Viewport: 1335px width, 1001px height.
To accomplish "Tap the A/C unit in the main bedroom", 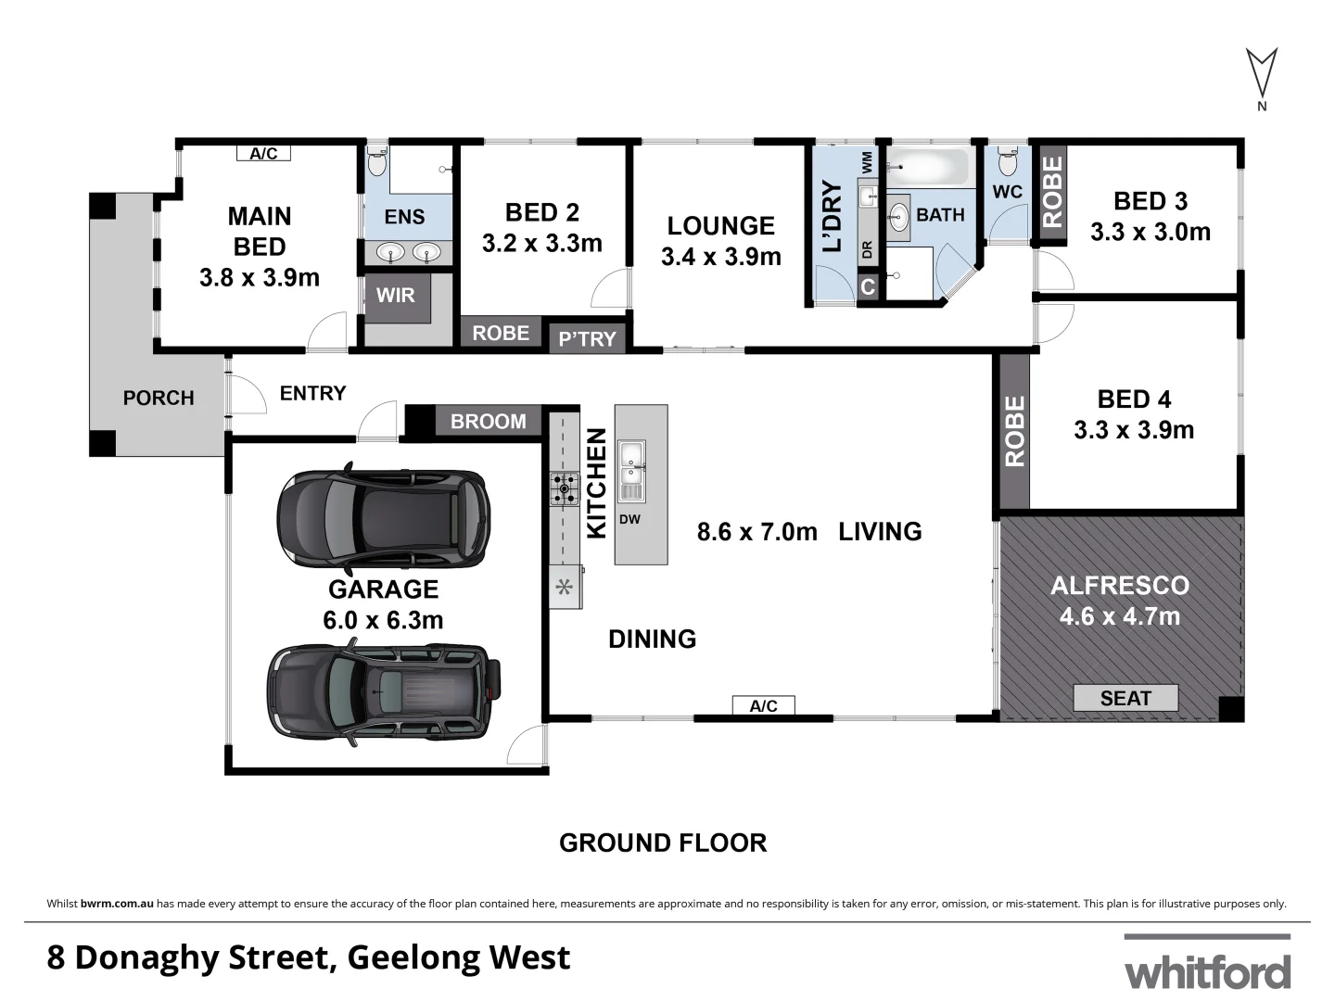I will pyautogui.click(x=263, y=153).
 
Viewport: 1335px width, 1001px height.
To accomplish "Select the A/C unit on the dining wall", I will pyautogui.click(x=763, y=706).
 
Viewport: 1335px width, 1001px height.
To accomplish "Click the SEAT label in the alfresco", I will pyautogui.click(x=1125, y=698).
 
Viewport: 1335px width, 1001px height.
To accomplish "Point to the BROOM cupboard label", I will pyautogui.click(x=488, y=422).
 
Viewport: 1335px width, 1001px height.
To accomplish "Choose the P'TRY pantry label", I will pyautogui.click(x=587, y=338).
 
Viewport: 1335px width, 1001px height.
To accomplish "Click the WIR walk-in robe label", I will pyautogui.click(x=396, y=296).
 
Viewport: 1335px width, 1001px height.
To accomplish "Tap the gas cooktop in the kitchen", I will pyautogui.click(x=564, y=488).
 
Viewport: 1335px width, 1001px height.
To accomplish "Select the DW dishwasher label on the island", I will pyautogui.click(x=629, y=519).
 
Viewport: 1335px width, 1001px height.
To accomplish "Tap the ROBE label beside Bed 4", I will pyautogui.click(x=1014, y=431).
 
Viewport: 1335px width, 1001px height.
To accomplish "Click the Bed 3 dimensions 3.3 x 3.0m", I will pyautogui.click(x=1150, y=232).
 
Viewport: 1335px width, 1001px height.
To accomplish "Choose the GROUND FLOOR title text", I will pyautogui.click(x=663, y=843).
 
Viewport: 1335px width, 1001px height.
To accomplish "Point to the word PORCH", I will pyautogui.click(x=159, y=398).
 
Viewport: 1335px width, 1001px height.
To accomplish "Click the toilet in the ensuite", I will pyautogui.click(x=376, y=163).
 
